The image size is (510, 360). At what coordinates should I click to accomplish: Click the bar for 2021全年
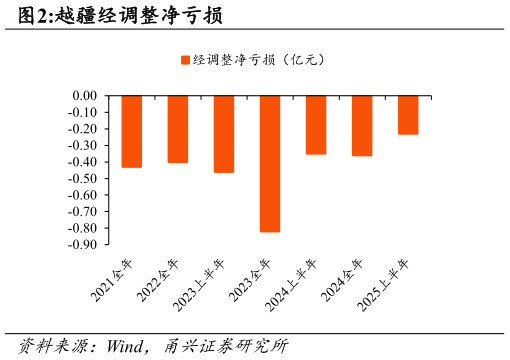click(x=132, y=131)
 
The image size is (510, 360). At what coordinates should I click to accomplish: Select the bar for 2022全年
click(x=178, y=129)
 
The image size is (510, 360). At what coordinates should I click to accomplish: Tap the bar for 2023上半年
click(x=224, y=134)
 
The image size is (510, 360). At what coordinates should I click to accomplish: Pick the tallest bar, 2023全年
click(x=270, y=164)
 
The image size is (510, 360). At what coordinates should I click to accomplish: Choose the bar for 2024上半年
click(x=316, y=125)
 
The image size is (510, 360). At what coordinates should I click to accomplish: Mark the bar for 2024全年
click(x=362, y=126)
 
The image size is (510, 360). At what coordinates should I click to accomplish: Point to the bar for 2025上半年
click(x=408, y=115)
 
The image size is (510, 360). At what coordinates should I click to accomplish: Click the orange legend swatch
click(x=185, y=60)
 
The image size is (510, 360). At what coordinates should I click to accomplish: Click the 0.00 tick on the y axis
click(x=84, y=96)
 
